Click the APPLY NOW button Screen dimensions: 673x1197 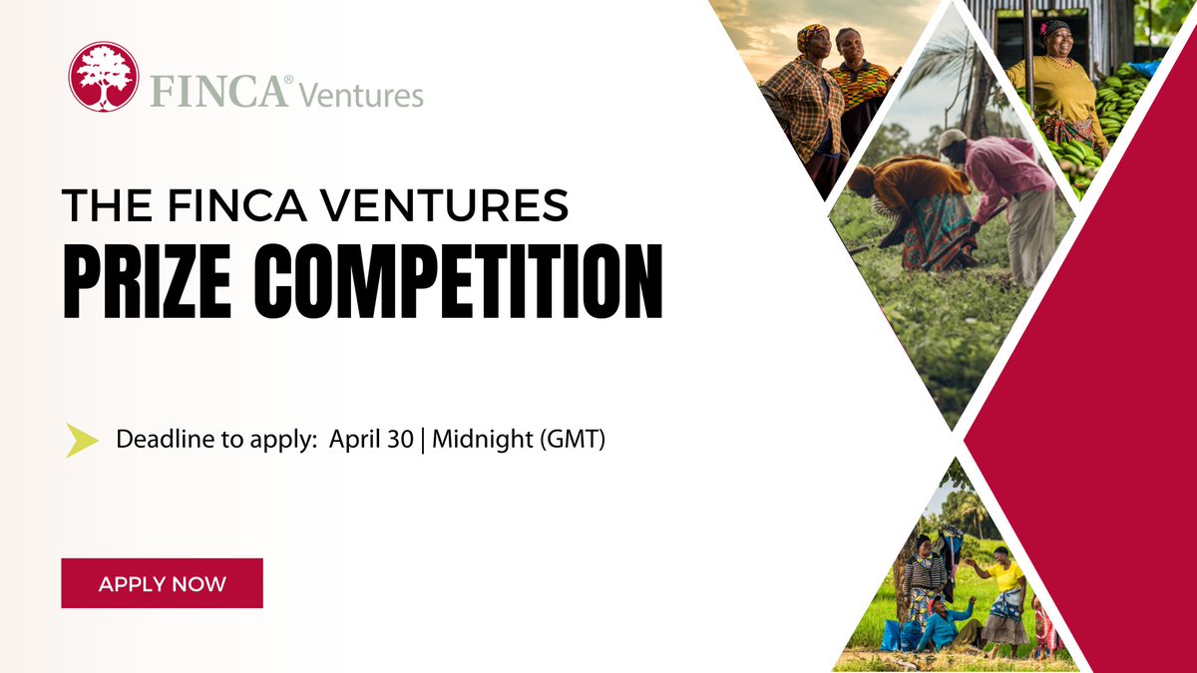(162, 583)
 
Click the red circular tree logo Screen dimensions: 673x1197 (103, 77)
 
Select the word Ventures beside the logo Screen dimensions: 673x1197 (362, 95)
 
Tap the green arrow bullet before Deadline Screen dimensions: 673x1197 (82, 440)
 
